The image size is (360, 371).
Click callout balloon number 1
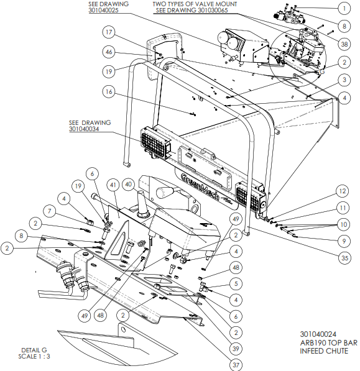point(344,9)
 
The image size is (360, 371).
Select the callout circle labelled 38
point(344,44)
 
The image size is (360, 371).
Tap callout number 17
point(109,32)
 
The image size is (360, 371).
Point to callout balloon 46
point(109,52)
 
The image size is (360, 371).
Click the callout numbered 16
point(109,91)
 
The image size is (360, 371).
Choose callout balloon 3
point(344,80)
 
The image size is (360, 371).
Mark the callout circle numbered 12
point(343,191)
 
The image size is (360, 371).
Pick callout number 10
point(343,224)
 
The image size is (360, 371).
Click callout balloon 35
point(344,258)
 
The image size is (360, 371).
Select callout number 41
point(113,185)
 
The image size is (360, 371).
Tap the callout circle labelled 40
point(128,185)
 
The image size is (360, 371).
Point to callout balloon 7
point(49,211)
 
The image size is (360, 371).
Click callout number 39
point(236,349)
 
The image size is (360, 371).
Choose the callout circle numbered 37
point(236,365)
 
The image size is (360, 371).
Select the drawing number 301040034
point(84,129)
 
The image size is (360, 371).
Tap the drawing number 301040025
point(103,11)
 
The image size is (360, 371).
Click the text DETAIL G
point(34,350)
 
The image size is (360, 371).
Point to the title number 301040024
point(318,334)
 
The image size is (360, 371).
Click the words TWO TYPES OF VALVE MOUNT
point(195,4)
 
